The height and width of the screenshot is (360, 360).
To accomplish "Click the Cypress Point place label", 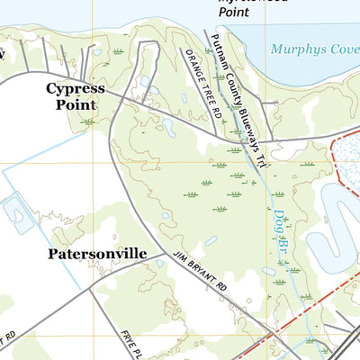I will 76,96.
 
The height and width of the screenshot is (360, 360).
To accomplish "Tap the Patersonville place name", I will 96,254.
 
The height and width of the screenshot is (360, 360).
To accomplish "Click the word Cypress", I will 76,89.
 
